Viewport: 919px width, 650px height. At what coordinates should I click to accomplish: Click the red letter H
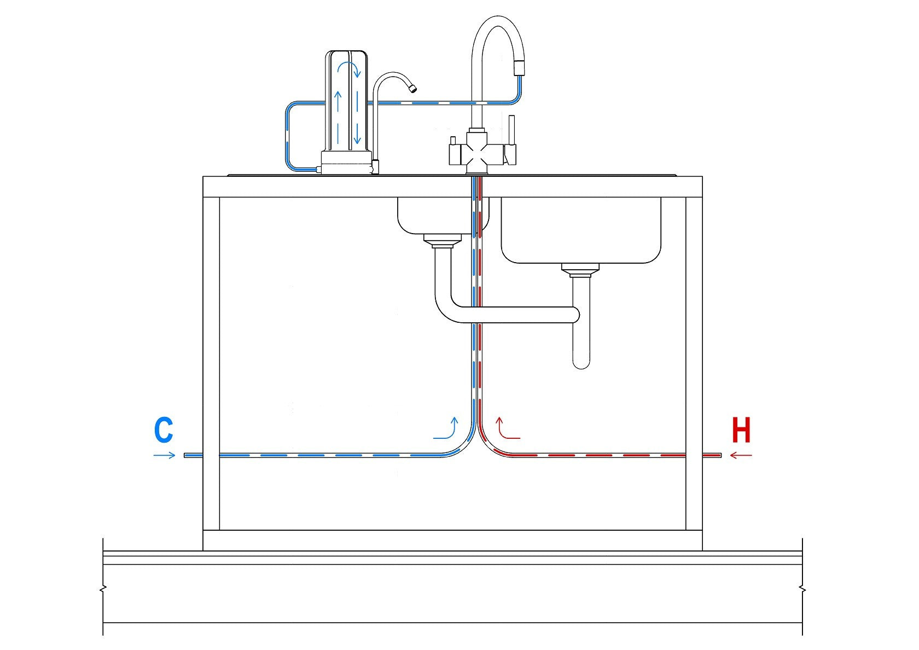click(741, 430)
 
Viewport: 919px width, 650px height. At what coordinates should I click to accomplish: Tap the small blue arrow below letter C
click(164, 455)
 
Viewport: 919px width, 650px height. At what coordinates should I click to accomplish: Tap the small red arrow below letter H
click(741, 455)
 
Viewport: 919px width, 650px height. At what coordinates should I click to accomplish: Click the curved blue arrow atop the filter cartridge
click(348, 69)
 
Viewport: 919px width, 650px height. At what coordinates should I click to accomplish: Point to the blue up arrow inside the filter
click(338, 101)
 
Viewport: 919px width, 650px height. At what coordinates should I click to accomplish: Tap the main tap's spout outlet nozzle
click(519, 68)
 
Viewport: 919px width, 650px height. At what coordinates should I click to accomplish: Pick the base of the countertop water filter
click(346, 162)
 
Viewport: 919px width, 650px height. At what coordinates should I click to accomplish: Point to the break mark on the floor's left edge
click(103, 590)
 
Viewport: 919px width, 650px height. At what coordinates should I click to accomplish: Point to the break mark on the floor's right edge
click(802, 590)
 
